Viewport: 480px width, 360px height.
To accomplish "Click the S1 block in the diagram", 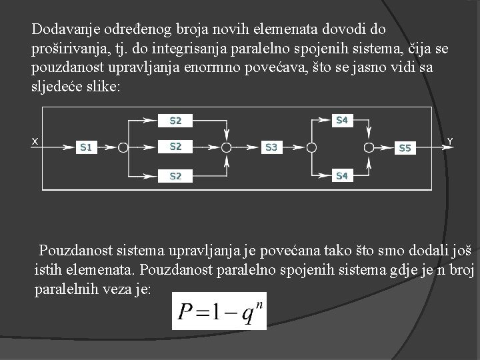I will tap(86, 147).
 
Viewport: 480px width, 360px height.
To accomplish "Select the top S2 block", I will tap(176, 121).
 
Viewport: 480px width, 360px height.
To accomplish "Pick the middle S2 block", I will tap(176, 146).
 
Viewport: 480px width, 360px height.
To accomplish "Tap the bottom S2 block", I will tap(176, 176).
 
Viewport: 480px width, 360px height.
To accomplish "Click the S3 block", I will tap(271, 147).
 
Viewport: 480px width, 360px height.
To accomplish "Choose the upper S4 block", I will tap(341, 121).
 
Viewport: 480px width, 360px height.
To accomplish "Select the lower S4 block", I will tap(341, 176).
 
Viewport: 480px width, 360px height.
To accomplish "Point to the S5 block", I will tap(405, 148).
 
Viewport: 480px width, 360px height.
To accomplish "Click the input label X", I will tap(35, 140).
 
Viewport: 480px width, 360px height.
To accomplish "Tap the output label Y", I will tap(450, 141).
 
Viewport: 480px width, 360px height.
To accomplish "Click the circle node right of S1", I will tap(123, 147).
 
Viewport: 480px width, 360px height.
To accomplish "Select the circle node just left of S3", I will tap(227, 147).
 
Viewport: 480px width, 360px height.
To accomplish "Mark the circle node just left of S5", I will tap(369, 147).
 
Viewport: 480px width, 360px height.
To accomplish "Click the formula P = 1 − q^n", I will tap(219, 311).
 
